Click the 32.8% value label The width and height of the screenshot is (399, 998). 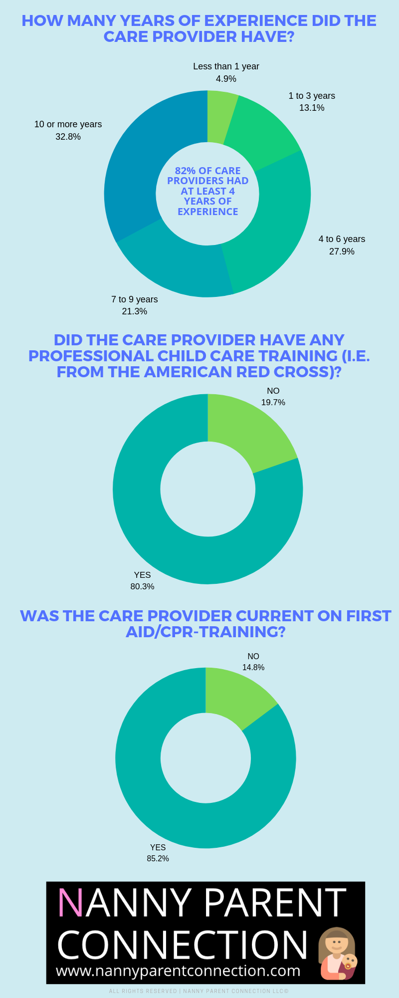coord(68,137)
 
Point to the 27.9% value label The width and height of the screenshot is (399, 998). coord(342,251)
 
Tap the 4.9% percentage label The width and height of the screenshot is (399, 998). coord(226,79)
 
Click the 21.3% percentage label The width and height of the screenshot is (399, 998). coord(135,311)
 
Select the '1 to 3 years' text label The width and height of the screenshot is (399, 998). coord(312,96)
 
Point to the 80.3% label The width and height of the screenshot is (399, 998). coord(142,586)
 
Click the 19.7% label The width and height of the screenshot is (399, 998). coord(273,402)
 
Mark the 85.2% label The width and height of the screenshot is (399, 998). coord(158,858)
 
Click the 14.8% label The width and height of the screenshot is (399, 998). coord(253,667)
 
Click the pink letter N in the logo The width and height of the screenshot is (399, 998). coord(70,902)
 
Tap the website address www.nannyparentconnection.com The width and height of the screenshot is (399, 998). coord(178,971)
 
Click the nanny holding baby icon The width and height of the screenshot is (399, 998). coord(337,954)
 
